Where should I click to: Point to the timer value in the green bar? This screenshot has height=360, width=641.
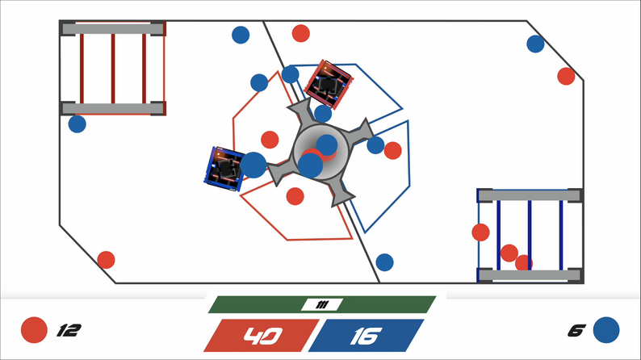(x=322, y=304)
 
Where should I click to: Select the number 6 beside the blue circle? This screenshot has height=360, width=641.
(x=576, y=330)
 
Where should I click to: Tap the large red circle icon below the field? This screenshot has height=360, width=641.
(x=34, y=330)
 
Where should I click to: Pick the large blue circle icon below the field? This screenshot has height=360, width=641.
(x=605, y=330)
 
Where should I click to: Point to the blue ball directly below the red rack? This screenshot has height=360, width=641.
(x=77, y=124)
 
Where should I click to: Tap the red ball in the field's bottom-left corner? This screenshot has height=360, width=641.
(x=106, y=260)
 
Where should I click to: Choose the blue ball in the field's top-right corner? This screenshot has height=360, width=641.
(x=535, y=44)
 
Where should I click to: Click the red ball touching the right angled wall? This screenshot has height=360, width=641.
(x=566, y=76)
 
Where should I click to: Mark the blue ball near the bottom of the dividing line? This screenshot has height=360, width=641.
(x=384, y=262)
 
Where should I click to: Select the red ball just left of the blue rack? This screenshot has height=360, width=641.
(x=480, y=232)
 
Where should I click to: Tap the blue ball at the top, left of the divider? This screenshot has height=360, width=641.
(x=241, y=35)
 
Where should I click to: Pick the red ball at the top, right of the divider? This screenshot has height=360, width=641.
(x=300, y=33)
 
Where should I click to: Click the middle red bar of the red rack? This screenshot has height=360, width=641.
(x=113, y=69)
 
